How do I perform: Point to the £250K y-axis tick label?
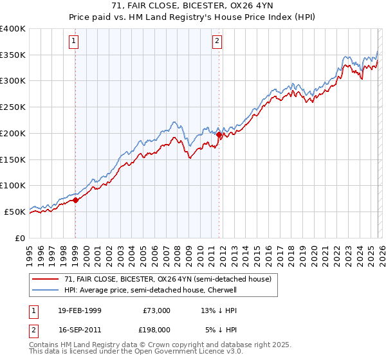(13, 107)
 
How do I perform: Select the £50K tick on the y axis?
(15, 212)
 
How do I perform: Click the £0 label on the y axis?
(21, 238)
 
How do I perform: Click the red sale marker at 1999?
(75, 200)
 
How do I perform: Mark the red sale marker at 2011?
(219, 135)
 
